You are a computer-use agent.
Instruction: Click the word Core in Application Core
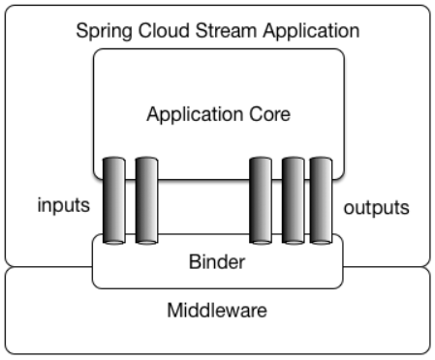[268, 115]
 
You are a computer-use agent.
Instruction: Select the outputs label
[376, 208]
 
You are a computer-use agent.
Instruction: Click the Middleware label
[217, 312]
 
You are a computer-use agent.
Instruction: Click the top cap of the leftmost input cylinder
[114, 158]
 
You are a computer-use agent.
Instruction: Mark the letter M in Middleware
[174, 312]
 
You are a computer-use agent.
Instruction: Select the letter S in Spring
[81, 31]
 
